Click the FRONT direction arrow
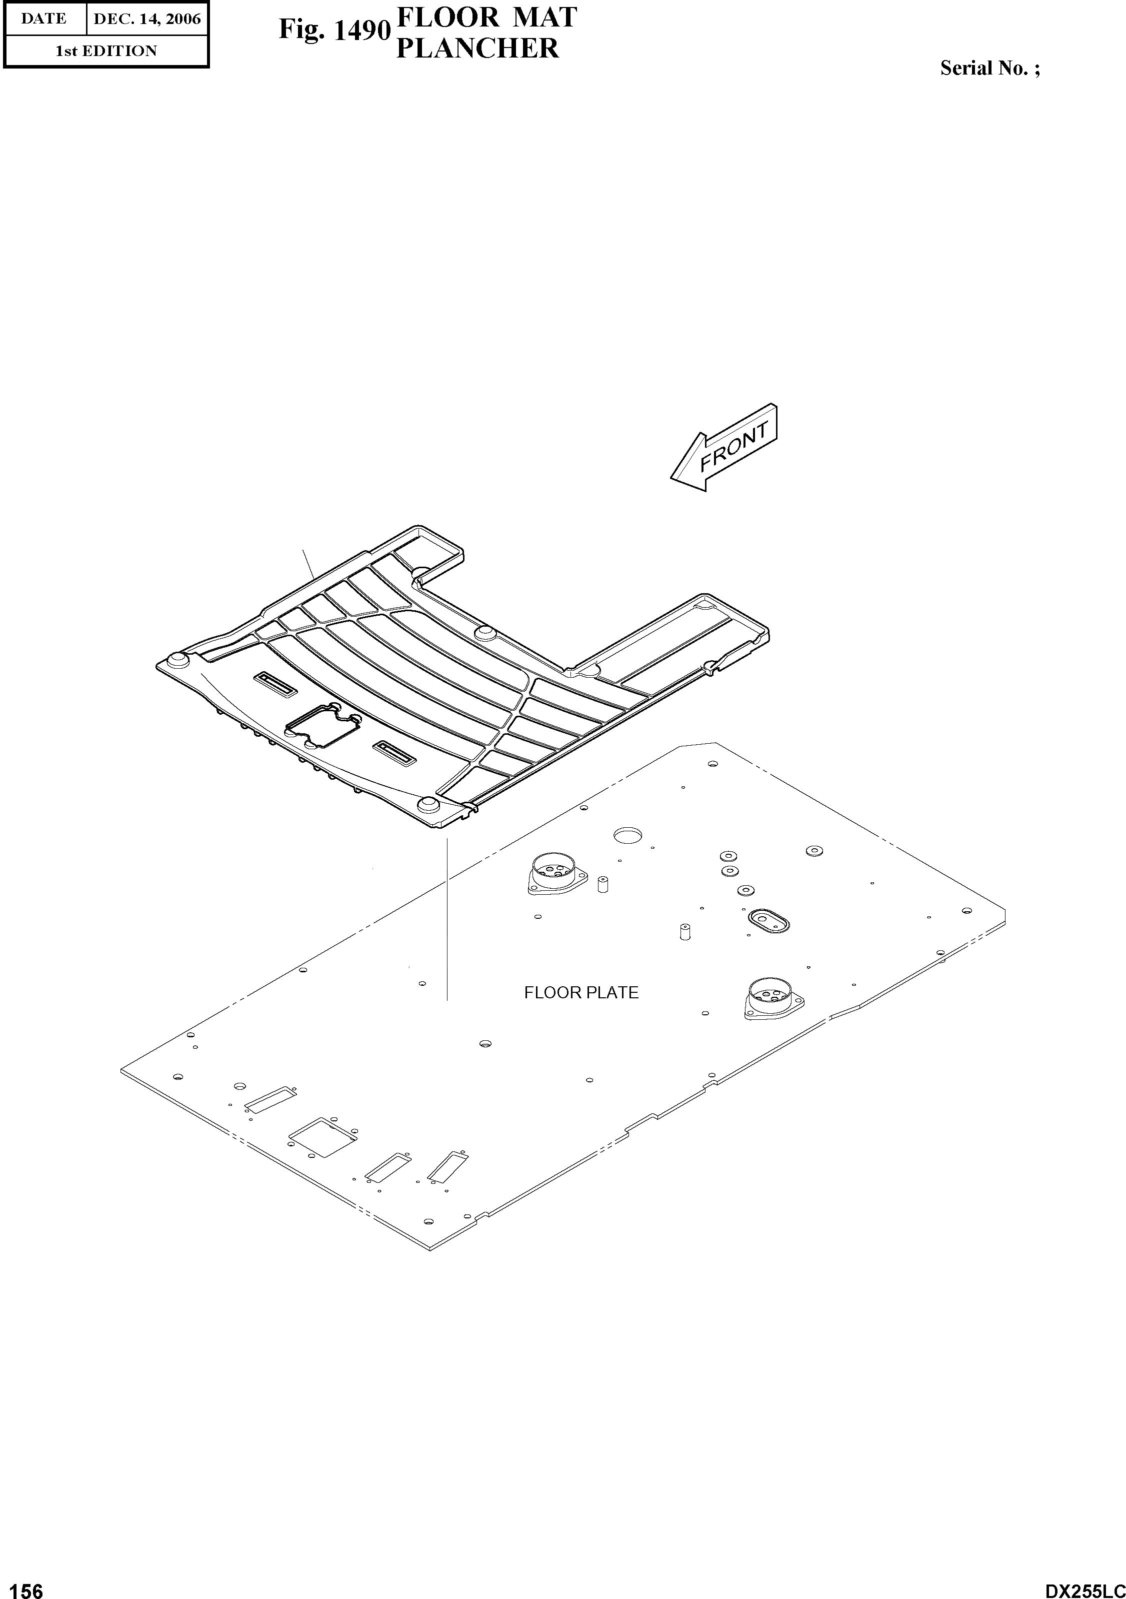724,447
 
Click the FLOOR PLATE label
581,992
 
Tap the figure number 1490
334,31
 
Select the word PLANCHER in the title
477,49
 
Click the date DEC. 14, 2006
147,19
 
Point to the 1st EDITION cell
106,51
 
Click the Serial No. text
989,68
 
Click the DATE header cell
44,19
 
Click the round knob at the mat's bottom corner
427,806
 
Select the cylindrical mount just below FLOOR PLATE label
773,997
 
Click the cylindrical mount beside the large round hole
555,875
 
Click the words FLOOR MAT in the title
486,18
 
